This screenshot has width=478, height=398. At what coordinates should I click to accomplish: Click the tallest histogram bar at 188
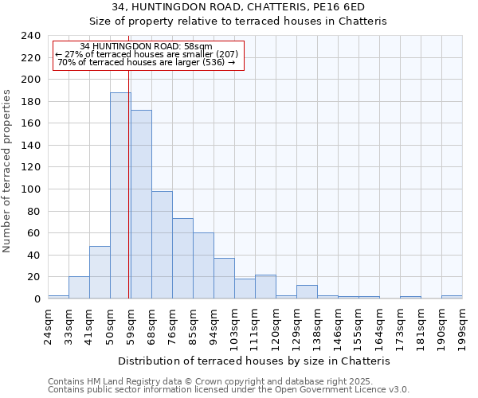tap(120, 196)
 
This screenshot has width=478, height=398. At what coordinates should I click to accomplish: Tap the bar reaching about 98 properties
tap(162, 245)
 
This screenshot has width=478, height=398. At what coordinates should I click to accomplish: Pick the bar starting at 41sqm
tap(100, 272)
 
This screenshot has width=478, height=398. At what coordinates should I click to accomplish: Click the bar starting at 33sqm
tap(79, 287)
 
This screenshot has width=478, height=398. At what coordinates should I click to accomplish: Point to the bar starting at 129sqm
tap(307, 292)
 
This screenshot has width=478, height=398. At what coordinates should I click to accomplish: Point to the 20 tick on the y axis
tap(33, 277)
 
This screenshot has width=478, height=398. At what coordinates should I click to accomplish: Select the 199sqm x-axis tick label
tap(462, 324)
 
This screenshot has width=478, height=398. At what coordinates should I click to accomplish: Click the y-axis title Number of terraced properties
tap(8, 171)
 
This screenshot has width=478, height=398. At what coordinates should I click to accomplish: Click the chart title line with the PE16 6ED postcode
tap(238, 6)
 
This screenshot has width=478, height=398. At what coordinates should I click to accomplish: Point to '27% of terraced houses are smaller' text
tap(147, 53)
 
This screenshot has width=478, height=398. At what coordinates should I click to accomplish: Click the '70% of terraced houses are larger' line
tap(147, 62)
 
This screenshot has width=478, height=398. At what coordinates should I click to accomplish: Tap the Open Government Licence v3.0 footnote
tap(229, 390)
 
